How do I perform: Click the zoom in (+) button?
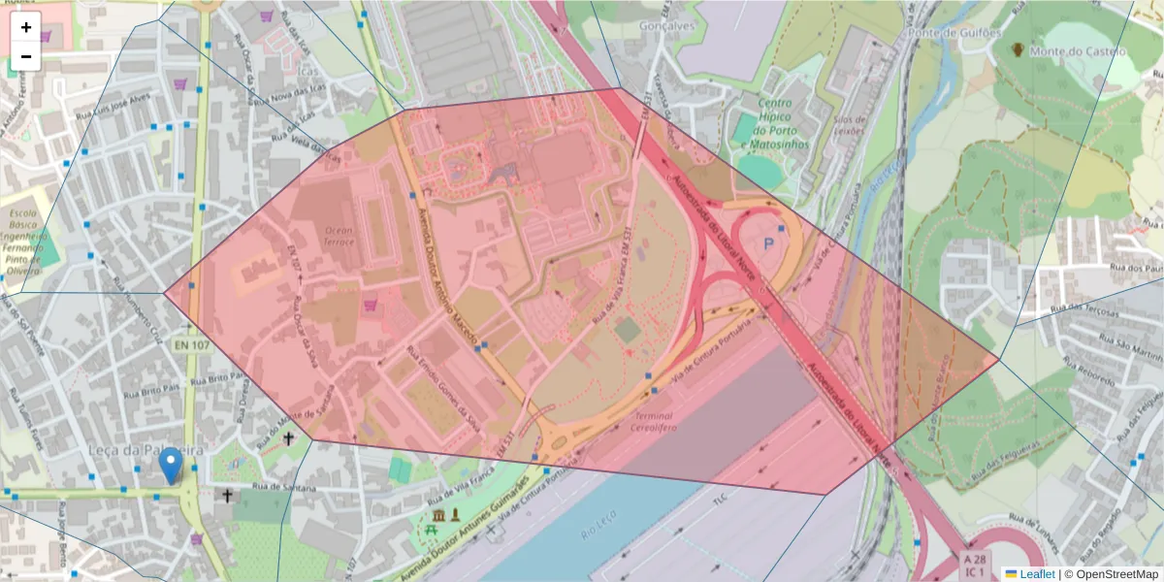26,27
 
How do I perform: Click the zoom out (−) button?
26,56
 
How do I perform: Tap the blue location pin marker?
171,466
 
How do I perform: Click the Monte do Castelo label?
1079,51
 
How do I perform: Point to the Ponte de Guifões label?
954,33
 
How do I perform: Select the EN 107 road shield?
193,344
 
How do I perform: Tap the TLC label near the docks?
720,501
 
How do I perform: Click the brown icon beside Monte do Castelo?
1018,48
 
